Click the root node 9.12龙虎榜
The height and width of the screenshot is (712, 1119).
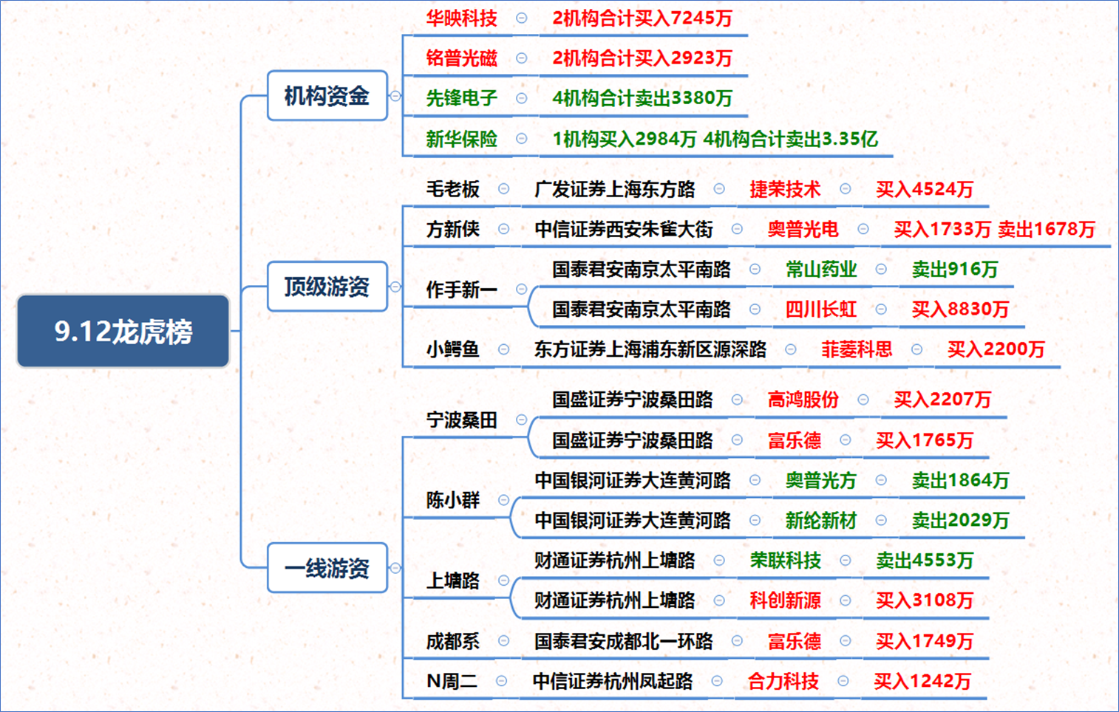click(x=123, y=331)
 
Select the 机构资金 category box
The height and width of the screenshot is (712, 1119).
click(x=327, y=95)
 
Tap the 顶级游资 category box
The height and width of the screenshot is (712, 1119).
click(x=327, y=287)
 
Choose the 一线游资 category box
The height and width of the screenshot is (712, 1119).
click(x=327, y=568)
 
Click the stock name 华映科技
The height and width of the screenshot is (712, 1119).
click(x=462, y=18)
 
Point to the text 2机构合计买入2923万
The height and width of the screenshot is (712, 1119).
click(x=642, y=58)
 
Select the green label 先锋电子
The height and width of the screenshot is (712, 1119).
click(x=462, y=97)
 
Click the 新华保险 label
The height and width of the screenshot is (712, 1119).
click(x=462, y=139)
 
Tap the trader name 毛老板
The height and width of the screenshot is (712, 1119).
click(x=452, y=189)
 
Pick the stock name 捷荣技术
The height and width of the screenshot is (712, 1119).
click(x=785, y=189)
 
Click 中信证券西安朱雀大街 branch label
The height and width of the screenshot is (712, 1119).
click(x=624, y=229)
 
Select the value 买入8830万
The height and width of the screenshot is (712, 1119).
click(x=960, y=309)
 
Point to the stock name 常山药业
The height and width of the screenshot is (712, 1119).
click(x=820, y=269)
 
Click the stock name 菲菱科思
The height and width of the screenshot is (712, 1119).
click(x=857, y=349)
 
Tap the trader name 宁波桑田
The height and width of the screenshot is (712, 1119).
click(x=462, y=420)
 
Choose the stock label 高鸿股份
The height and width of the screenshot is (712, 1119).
click(x=803, y=400)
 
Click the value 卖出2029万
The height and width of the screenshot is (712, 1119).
click(x=960, y=520)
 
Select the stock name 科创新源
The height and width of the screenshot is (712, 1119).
click(x=785, y=600)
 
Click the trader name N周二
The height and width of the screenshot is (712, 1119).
click(x=452, y=681)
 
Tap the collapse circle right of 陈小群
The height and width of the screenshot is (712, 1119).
click(x=503, y=500)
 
